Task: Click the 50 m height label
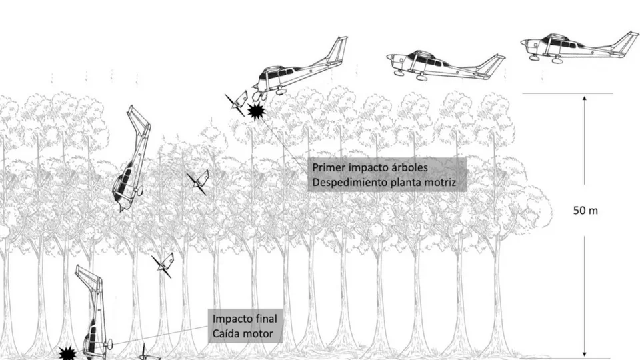pyautogui.click(x=585, y=211)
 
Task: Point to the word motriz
pyautogui.click(x=440, y=183)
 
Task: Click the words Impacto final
pyautogui.click(x=245, y=319)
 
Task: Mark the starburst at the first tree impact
pyautogui.click(x=256, y=111)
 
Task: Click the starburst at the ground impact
pyautogui.click(x=67, y=353)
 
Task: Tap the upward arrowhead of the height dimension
pyautogui.click(x=585, y=99)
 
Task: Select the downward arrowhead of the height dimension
pyautogui.click(x=585, y=354)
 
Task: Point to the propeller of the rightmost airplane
pyautogui.click(x=523, y=43)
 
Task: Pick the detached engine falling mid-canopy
pyautogui.click(x=199, y=181)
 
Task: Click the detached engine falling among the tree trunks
pyautogui.click(x=164, y=265)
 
